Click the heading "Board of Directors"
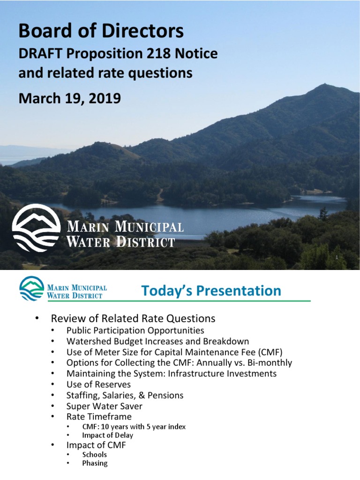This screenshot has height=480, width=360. click(x=101, y=31)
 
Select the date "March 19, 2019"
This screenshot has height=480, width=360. click(x=69, y=98)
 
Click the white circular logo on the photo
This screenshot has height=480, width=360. click(x=36, y=228)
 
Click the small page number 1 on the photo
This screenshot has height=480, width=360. click(x=337, y=257)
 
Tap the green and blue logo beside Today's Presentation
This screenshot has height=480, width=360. click(x=30, y=289)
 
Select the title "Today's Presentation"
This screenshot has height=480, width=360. click(x=211, y=291)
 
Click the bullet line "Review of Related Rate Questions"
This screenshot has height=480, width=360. click(x=133, y=319)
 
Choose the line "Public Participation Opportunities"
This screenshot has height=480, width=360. click(x=135, y=330)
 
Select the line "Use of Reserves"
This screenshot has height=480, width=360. click(x=98, y=384)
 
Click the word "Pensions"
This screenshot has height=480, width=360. click(x=167, y=395)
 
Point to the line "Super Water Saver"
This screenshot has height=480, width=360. click(x=104, y=406)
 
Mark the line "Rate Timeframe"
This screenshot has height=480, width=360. click(x=99, y=417)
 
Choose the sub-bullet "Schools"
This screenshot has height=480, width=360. click(x=94, y=455)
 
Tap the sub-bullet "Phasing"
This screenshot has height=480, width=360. click(x=95, y=463)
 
